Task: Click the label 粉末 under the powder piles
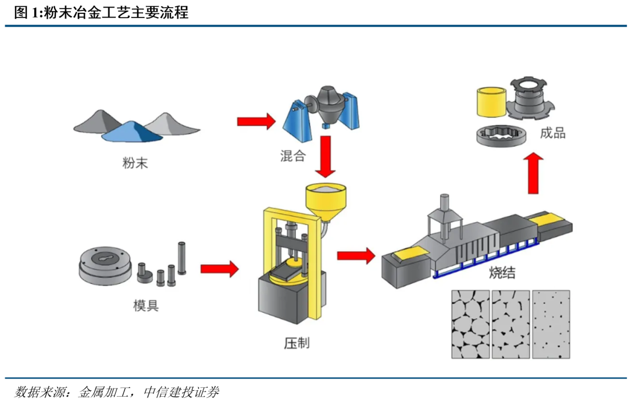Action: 135,163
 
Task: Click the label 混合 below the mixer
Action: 292,156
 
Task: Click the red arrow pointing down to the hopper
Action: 326,156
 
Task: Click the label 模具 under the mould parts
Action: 145,305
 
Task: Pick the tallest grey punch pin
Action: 181,258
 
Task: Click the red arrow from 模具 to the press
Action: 219,269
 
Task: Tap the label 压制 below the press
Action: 297,343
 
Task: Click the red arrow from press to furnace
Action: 355,255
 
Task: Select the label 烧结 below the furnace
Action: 502,273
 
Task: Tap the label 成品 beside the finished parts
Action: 553,133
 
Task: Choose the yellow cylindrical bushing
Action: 490,104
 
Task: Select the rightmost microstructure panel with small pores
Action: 552,325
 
